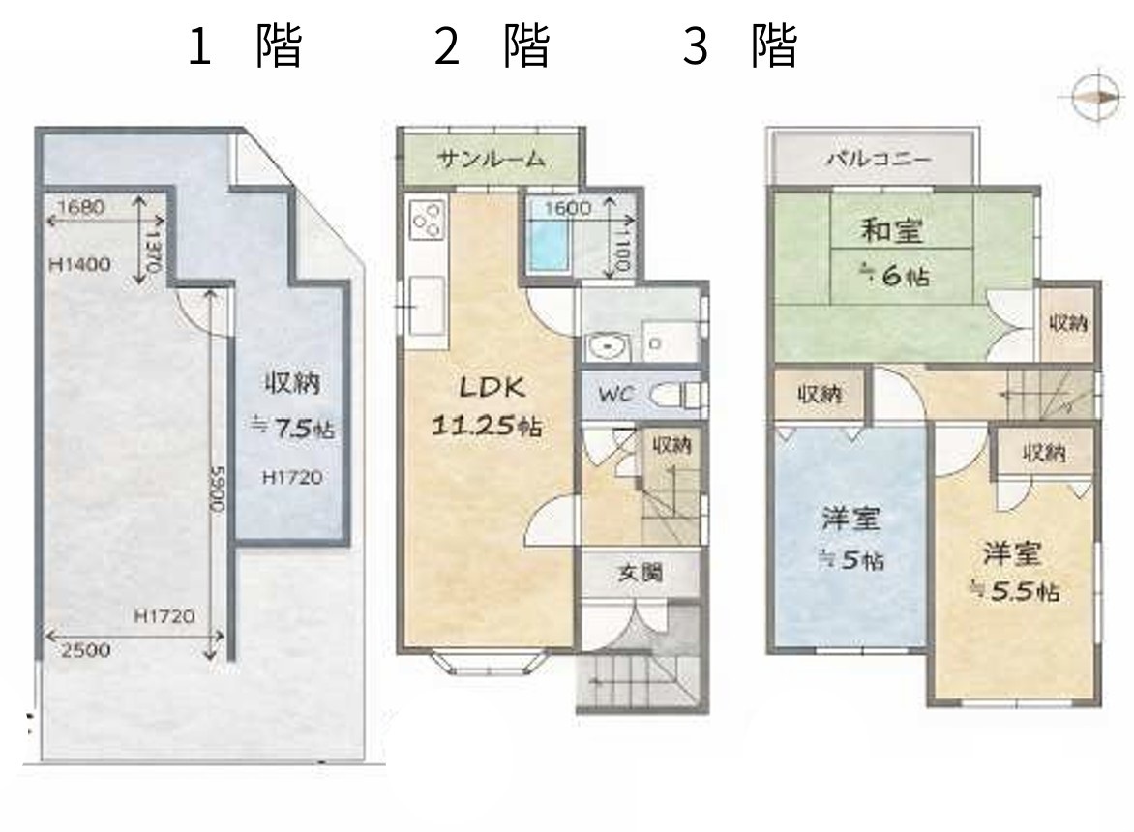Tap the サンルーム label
point(492,159)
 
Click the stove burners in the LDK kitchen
point(426,220)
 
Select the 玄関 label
point(640,574)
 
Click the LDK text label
point(492,388)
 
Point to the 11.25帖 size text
point(487,425)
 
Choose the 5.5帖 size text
point(1015,591)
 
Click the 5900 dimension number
point(217,489)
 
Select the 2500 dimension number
point(85,650)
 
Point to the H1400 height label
point(79,264)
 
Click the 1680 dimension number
point(80,207)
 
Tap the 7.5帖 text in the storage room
point(292,428)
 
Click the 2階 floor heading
point(492,45)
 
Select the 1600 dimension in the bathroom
point(568,208)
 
